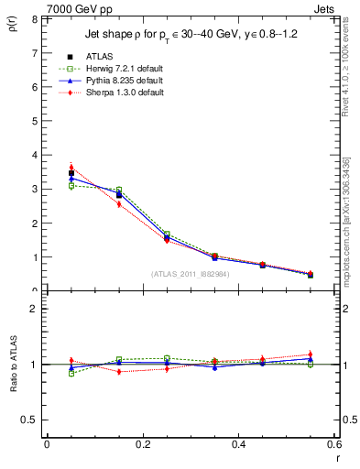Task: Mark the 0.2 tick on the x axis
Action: (142, 444)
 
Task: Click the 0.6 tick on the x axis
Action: (333, 444)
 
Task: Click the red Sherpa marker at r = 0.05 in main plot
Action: (71, 168)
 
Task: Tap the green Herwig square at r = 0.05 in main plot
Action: (71, 186)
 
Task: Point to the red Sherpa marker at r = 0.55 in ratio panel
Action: (311, 354)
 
